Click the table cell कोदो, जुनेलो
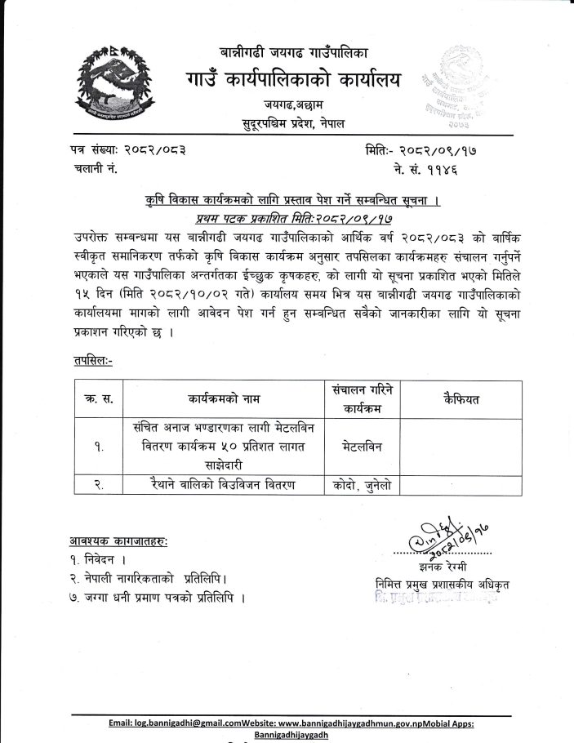click(x=362, y=485)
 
